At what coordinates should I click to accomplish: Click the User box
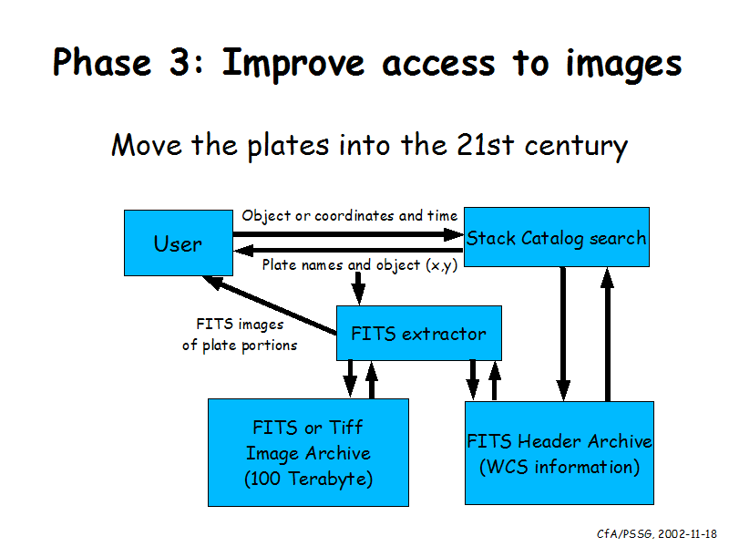(x=179, y=243)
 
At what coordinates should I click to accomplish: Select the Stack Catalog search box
(x=557, y=237)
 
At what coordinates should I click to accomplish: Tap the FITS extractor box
(x=419, y=333)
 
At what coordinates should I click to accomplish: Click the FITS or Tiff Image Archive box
(x=308, y=452)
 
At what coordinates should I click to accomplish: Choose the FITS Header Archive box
(x=560, y=453)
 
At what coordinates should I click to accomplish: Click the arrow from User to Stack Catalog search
(x=348, y=234)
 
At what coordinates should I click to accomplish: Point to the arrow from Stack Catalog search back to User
(x=348, y=251)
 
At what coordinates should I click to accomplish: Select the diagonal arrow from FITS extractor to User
(x=270, y=304)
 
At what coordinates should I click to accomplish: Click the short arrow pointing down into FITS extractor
(x=358, y=288)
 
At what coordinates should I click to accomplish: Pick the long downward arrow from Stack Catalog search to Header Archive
(x=563, y=334)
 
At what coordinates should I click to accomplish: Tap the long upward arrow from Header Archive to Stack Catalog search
(x=607, y=334)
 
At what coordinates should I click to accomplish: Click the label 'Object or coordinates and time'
(x=350, y=216)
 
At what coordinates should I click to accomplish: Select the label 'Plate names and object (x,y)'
(x=360, y=265)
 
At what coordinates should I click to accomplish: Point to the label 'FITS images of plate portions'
(x=240, y=335)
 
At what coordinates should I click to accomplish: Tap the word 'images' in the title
(x=623, y=64)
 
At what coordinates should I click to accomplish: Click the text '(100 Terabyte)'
(x=308, y=479)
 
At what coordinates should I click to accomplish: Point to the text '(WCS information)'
(x=560, y=467)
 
